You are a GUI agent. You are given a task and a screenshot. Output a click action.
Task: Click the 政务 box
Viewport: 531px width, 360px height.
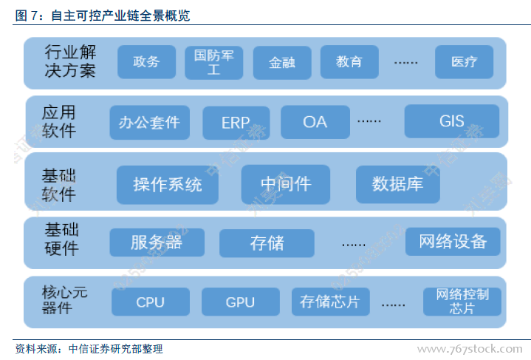146,62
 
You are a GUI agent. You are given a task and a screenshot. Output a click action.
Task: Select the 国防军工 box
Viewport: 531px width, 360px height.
213,63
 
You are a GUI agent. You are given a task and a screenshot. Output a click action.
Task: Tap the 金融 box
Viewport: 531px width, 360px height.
281,63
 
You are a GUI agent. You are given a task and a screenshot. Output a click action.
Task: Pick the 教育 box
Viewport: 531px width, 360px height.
349,62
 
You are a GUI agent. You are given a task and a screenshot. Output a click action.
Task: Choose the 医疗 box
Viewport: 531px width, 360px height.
464,62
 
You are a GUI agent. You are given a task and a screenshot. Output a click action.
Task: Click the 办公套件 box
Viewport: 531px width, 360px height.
149,122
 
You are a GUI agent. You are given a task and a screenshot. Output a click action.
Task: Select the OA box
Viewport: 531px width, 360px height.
315,122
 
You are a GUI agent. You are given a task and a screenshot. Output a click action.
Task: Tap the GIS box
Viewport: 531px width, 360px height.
451,121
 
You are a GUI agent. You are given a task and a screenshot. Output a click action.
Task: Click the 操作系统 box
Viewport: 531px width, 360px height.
167,184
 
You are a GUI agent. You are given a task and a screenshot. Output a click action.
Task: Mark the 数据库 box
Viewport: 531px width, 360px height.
397,184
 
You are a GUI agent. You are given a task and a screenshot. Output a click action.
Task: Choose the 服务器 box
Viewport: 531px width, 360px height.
157,242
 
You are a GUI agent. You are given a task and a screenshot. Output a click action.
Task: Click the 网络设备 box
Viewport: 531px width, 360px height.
452,242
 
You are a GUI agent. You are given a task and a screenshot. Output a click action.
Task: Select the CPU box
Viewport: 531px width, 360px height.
151,302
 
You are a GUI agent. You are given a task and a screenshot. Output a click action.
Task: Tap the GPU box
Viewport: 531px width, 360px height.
240,302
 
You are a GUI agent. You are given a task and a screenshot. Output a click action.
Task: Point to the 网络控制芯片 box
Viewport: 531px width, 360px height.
462,302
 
